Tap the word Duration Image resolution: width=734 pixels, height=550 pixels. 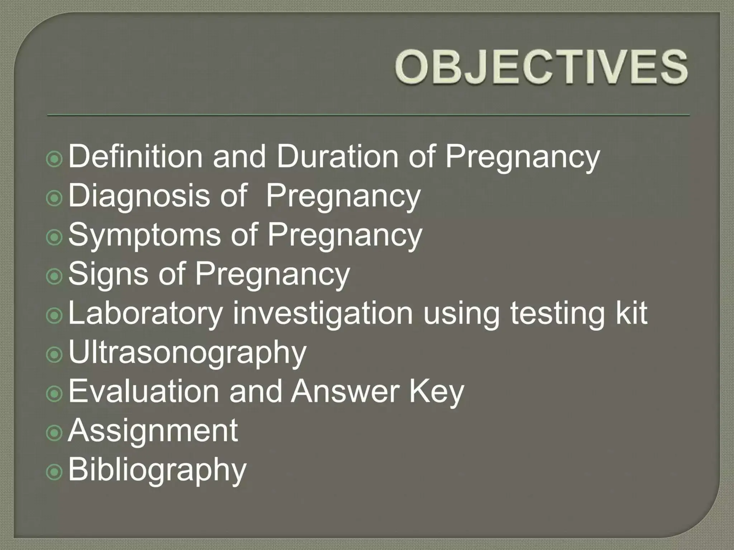tap(337, 156)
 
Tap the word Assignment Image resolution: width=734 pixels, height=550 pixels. tap(153, 431)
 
